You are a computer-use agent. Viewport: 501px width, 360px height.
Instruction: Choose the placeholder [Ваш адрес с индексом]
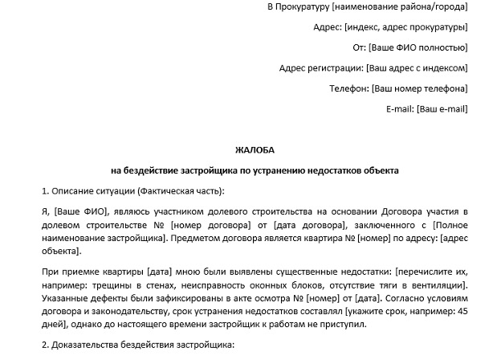coord(417,67)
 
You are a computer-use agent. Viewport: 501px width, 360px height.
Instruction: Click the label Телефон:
coord(349,88)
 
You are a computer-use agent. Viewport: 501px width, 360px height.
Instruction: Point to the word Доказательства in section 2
coord(88,346)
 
